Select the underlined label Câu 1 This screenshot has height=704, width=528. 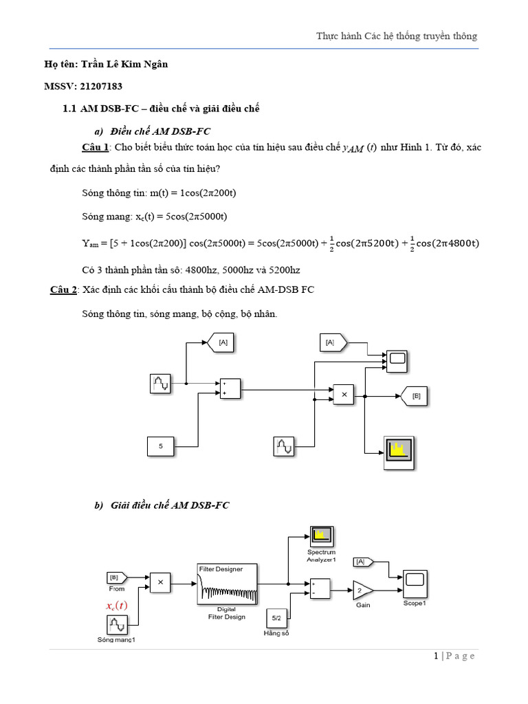click(x=96, y=148)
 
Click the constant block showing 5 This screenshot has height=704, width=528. click(x=161, y=446)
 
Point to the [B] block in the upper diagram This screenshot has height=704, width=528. click(x=416, y=396)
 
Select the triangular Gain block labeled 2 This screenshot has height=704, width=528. click(x=362, y=590)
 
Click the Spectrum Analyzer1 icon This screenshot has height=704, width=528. click(x=320, y=536)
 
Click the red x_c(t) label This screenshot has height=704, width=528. click(x=117, y=606)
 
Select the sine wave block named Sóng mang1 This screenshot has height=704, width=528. click(x=117, y=625)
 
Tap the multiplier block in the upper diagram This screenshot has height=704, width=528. click(x=344, y=395)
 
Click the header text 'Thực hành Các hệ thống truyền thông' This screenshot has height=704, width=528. click(x=396, y=36)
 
